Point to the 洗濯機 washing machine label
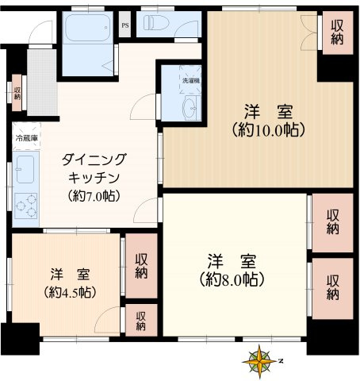pyautogui.click(x=191, y=81)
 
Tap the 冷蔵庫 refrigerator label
pyautogui.click(x=25, y=140)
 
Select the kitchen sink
pyautogui.click(x=24, y=167)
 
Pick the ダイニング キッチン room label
pyautogui.click(x=94, y=167)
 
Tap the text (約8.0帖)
pyautogui.click(x=232, y=279)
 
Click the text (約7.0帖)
pyautogui.click(x=94, y=195)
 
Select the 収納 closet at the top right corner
pyautogui.click(x=337, y=33)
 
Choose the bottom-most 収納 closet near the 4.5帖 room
pyautogui.click(x=140, y=320)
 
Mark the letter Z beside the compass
pyautogui.click(x=281, y=361)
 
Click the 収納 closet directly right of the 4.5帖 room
pyautogui.click(x=141, y=266)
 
